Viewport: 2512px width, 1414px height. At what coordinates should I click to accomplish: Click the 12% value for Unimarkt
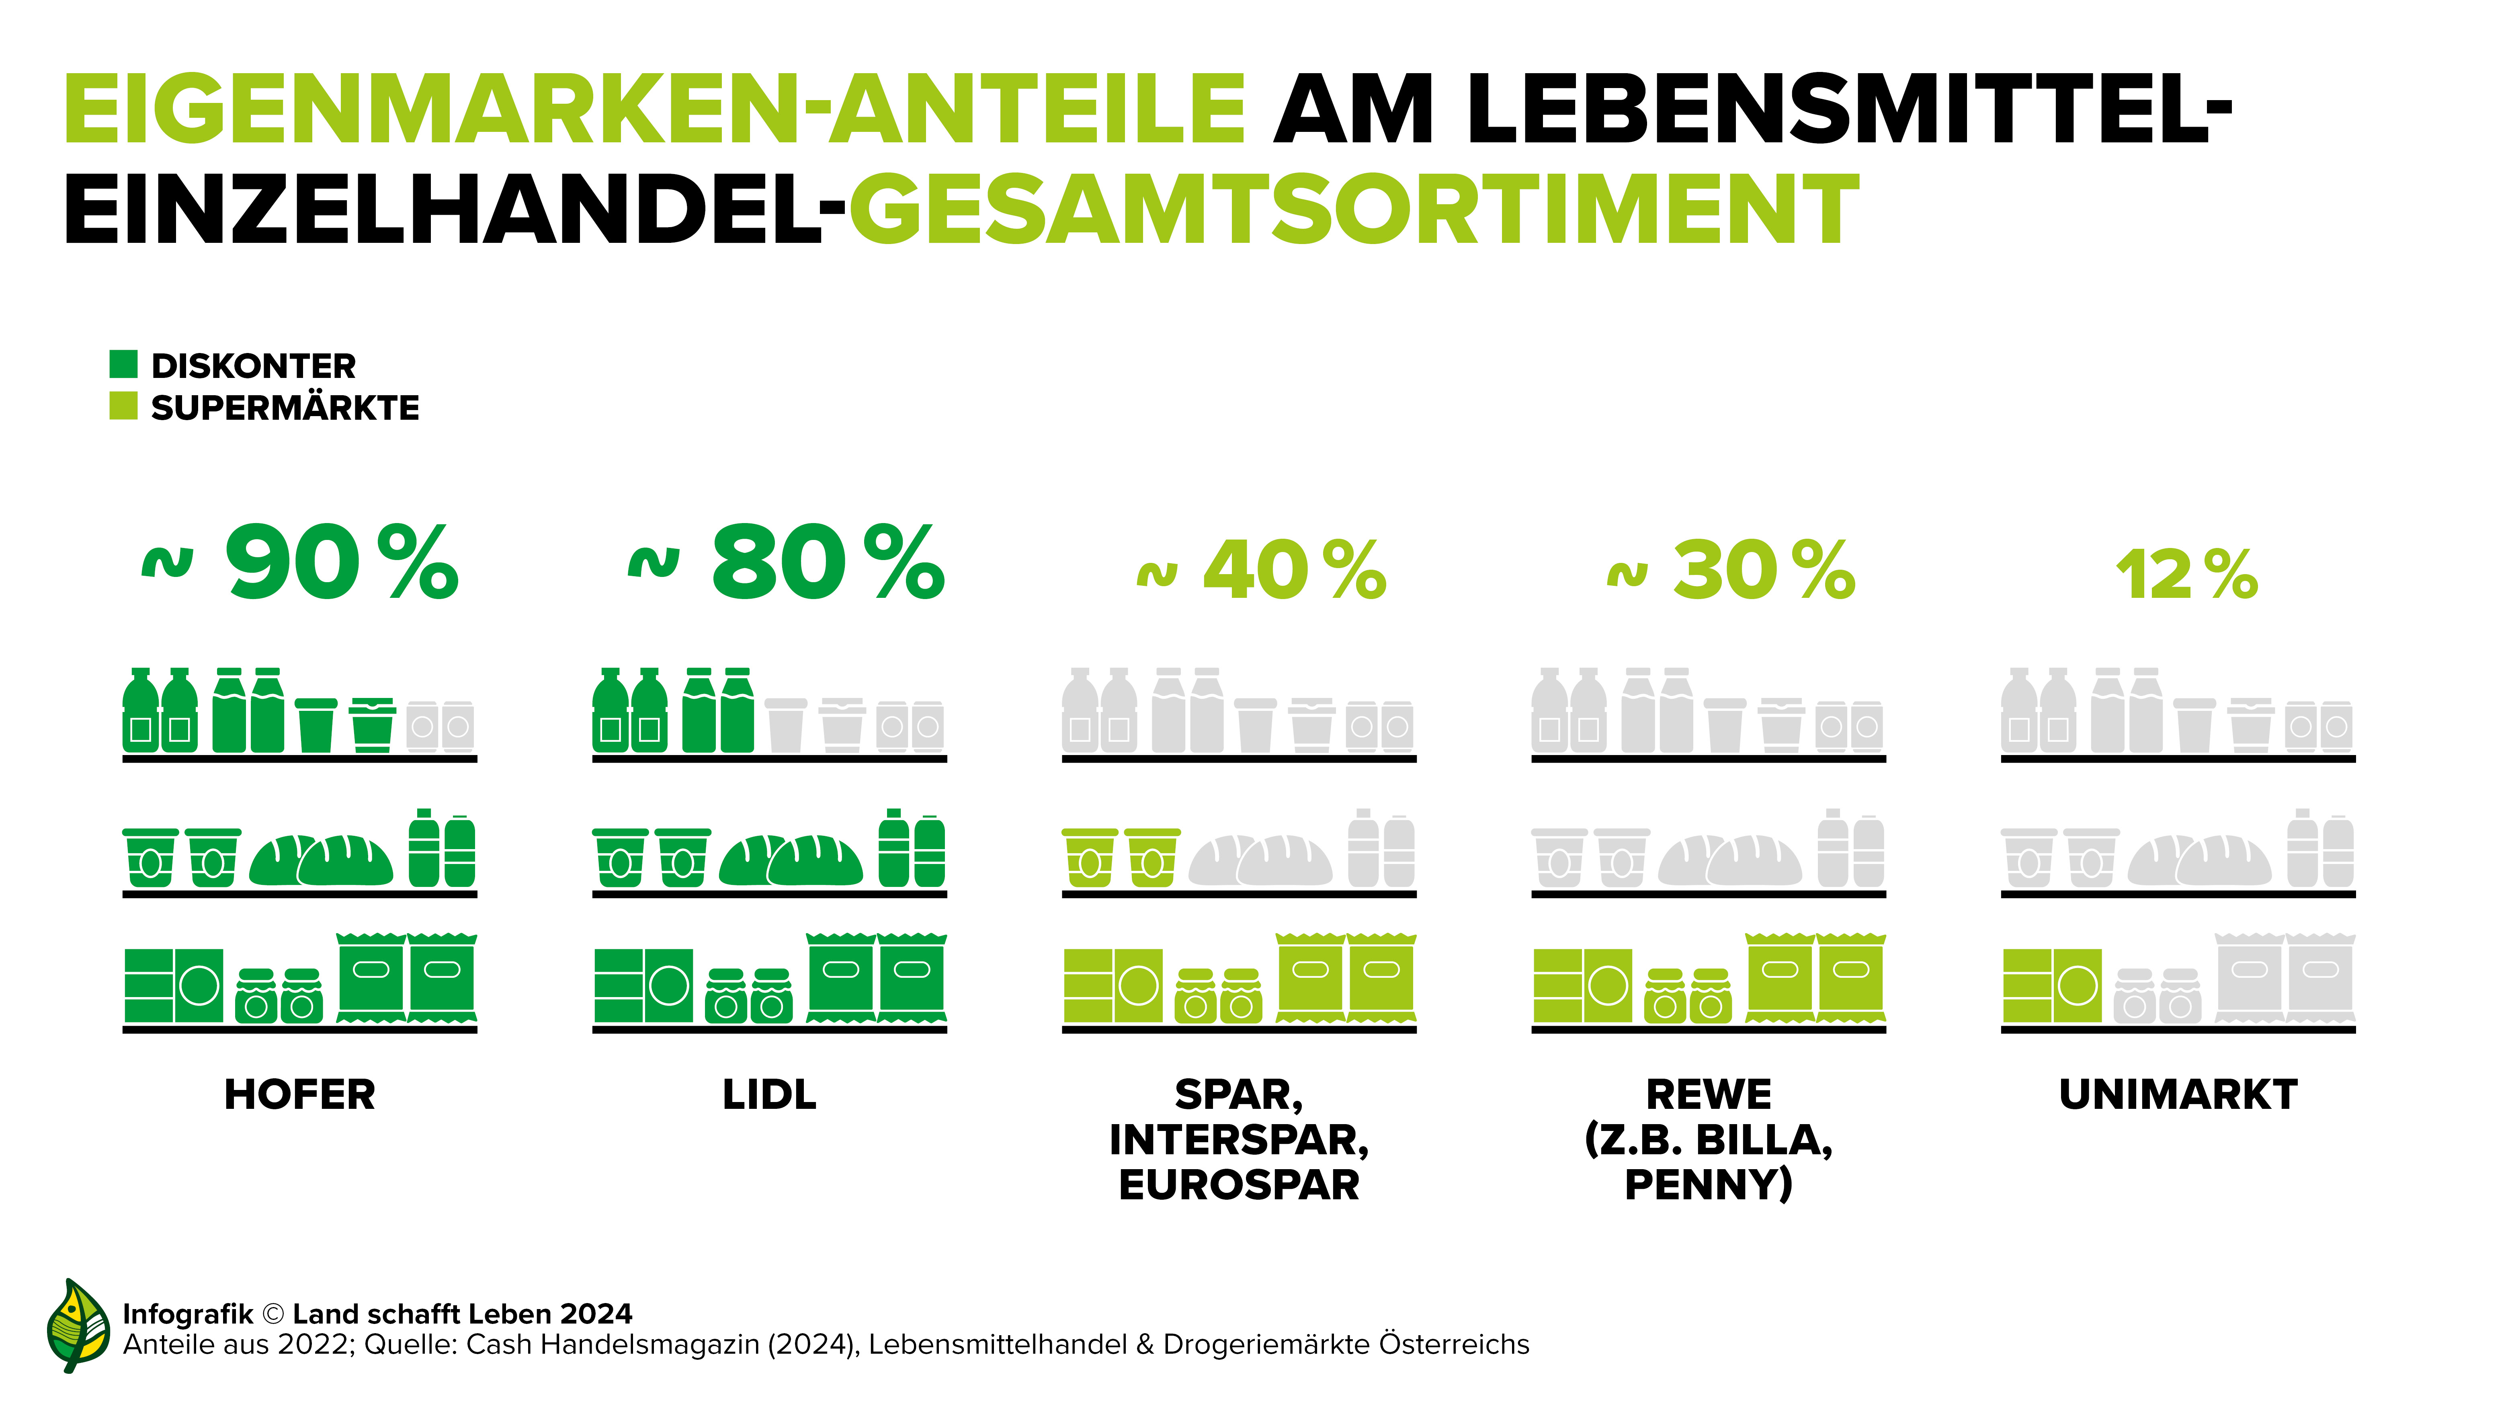[x=2186, y=575]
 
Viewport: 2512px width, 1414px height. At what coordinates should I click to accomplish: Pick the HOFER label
[x=299, y=1094]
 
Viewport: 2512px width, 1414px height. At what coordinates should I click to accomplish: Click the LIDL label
[x=769, y=1094]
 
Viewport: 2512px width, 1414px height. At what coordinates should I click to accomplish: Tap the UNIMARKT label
[x=2178, y=1094]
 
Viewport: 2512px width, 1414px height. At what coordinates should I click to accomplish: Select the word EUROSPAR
[x=1238, y=1185]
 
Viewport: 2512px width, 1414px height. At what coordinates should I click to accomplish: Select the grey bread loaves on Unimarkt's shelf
[x=2199, y=860]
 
